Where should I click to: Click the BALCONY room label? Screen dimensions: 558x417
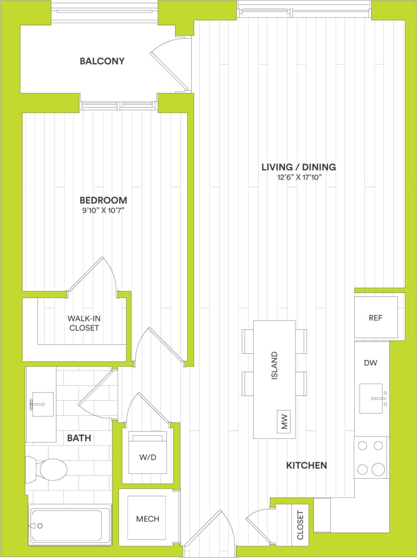[x=102, y=61]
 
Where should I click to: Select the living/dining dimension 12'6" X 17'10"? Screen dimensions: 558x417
[x=299, y=178]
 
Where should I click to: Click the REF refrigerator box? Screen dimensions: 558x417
[x=376, y=318]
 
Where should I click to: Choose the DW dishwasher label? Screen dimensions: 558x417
[x=370, y=362]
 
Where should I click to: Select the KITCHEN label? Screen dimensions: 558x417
[x=306, y=466]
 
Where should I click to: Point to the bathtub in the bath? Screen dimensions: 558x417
[x=69, y=526]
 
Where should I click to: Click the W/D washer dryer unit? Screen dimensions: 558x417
[x=147, y=457]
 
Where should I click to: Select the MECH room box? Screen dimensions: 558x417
[x=147, y=519]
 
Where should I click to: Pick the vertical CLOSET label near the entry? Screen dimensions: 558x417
[x=300, y=525]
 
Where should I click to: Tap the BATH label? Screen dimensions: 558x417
[x=79, y=438]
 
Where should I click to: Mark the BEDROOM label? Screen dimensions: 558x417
[x=103, y=200]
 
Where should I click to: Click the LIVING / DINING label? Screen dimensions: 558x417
[x=299, y=167]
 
